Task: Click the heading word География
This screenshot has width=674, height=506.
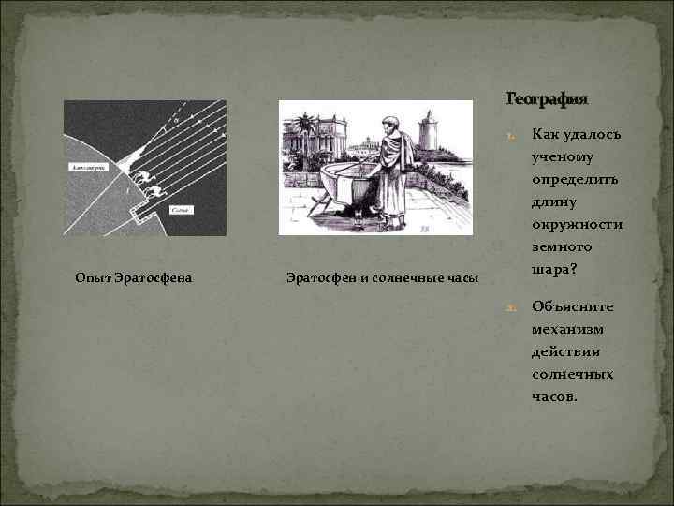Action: click(548, 98)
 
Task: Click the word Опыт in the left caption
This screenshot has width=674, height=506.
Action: click(91, 277)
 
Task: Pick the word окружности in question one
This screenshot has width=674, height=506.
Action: click(577, 225)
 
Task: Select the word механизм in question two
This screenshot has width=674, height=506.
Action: click(569, 329)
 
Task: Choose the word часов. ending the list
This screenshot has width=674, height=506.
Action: click(555, 396)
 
